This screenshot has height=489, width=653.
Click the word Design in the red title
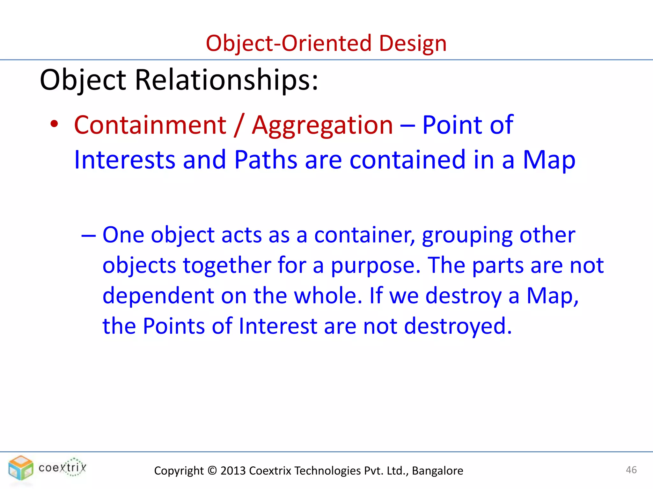point(413,43)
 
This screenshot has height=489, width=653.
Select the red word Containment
point(150,125)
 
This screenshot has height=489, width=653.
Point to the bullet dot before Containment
point(54,124)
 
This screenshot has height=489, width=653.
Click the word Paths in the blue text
point(266,159)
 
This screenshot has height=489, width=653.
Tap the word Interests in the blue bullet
point(124,159)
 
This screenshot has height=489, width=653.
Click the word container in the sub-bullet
point(364,235)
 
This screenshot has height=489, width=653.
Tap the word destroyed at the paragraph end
point(458,326)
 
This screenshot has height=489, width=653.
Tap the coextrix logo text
point(62,468)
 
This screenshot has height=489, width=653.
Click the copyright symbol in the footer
point(212,471)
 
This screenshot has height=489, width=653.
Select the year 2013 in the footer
point(233,471)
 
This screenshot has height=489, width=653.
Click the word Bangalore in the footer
point(437,471)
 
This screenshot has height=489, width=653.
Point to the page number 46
point(631,470)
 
